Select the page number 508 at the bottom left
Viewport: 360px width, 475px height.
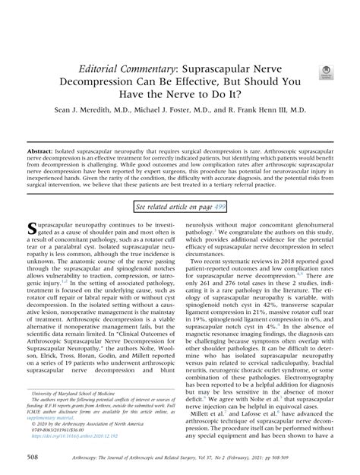pyautogui.click(x=33, y=458)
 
